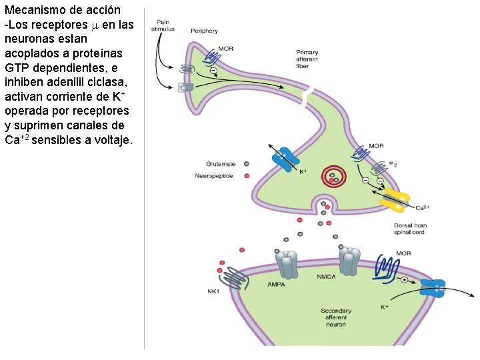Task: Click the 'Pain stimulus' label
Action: pyautogui.click(x=163, y=26)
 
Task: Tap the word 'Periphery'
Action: pyautogui.click(x=204, y=31)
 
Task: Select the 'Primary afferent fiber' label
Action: pyautogui.click(x=307, y=59)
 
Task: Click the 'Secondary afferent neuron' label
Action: pyautogui.click(x=336, y=318)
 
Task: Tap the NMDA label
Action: pyautogui.click(x=327, y=276)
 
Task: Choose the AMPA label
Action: pyautogui.click(x=276, y=283)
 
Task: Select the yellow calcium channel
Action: pyautogui.click(x=396, y=198)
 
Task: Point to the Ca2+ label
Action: pyautogui.click(x=421, y=208)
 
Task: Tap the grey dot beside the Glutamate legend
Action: pyautogui.click(x=247, y=163)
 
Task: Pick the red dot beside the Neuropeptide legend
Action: pyautogui.click(x=247, y=175)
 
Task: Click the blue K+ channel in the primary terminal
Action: pyautogui.click(x=285, y=161)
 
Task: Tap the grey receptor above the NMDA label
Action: pyautogui.click(x=349, y=260)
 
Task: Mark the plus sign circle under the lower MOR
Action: pyautogui.click(x=404, y=279)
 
